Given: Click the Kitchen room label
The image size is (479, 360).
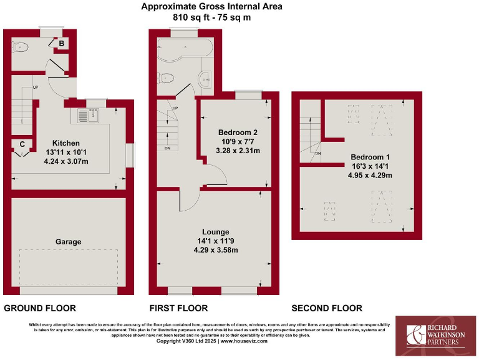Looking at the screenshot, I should [66, 142].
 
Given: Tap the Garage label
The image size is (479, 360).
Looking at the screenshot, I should [69, 241].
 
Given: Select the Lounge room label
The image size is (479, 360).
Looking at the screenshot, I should [216, 231].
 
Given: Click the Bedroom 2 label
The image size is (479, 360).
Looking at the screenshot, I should [238, 132].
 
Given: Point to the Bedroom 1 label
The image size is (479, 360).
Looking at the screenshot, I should [370, 157].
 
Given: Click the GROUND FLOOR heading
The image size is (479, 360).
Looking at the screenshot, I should [40, 308].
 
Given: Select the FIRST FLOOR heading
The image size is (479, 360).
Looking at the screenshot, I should [178, 308].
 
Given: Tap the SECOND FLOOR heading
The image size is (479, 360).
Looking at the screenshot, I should [326, 308].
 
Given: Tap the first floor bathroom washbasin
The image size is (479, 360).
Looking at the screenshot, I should [206, 80].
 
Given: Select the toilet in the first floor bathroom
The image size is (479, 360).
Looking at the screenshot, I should [165, 78].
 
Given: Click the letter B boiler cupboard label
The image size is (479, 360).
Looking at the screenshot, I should [61, 43].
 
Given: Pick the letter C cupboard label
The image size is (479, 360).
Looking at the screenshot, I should [22, 144].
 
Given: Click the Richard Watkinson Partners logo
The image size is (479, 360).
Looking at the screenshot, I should [437, 335].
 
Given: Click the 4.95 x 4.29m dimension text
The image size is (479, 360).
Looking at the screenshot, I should [370, 175].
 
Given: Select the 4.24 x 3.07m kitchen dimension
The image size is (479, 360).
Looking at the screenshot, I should [66, 161].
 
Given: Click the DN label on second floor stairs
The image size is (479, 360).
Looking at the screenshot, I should [318, 154].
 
